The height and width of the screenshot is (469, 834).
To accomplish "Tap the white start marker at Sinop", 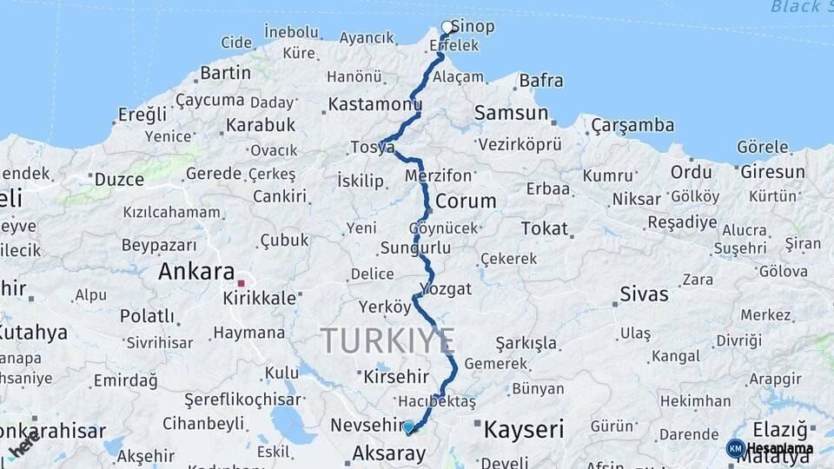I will (447, 28).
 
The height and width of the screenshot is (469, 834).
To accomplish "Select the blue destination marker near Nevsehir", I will (408, 426).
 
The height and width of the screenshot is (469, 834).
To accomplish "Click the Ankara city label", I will (196, 272).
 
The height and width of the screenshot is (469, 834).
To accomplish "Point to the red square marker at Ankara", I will (241, 283).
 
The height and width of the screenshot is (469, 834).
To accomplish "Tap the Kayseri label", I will (523, 429).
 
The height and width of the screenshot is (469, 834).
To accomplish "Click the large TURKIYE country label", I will (387, 340).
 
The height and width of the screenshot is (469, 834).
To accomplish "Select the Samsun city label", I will (512, 113).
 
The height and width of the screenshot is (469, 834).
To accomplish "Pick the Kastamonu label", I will (374, 105).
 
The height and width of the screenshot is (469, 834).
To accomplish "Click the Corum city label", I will (466, 201).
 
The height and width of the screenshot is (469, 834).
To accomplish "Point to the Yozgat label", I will (445, 289).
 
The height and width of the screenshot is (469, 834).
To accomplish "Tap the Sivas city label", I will (644, 294).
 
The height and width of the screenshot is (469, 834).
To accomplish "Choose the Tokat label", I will (544, 229).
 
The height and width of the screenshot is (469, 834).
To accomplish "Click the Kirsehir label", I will (396, 377).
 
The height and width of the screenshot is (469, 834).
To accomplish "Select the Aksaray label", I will (388, 452).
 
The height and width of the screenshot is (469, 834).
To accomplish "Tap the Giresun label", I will (772, 172).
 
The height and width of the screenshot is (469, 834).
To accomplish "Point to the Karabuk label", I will (261, 125).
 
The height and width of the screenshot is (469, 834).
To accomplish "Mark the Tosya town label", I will (372, 148).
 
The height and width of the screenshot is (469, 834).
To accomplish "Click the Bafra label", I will (540, 81).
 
